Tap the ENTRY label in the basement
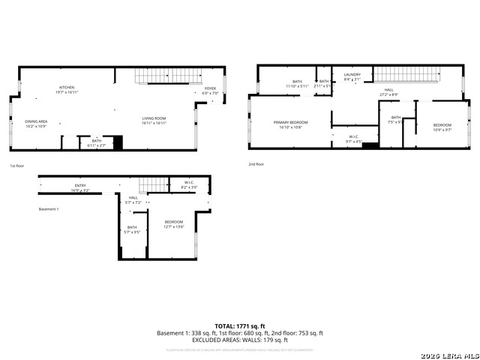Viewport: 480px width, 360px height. coord(80,187)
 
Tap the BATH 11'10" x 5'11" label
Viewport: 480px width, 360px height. coord(297,83)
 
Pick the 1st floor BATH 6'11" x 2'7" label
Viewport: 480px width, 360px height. coord(97,142)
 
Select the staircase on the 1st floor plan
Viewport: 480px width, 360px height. coord(169,76)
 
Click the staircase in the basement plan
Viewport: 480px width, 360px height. coord(152,185)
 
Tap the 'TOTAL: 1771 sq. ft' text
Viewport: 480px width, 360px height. coord(240,325)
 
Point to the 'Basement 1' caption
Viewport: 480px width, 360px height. coord(48,208)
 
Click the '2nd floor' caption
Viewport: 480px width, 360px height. coord(256,164)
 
